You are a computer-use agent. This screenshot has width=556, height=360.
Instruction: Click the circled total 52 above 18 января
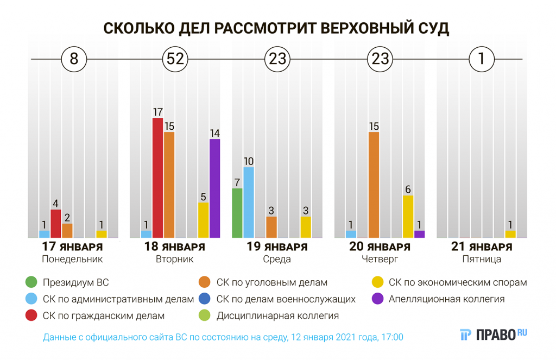coord(175,59)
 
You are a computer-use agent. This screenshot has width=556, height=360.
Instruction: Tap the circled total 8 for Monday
coord(74,59)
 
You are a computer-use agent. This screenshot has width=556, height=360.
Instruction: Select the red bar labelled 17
coord(158,178)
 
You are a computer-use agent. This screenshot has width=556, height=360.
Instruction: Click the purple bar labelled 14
coord(214,188)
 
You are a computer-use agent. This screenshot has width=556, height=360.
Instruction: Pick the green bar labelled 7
coord(237,213)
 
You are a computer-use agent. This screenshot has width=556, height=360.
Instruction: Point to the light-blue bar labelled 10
coord(249,202)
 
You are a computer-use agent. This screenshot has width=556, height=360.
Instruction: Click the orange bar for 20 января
coord(374,185)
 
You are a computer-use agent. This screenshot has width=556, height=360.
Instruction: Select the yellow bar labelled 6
coord(408,216)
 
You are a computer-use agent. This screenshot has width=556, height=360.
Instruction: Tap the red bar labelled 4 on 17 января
coord(56,224)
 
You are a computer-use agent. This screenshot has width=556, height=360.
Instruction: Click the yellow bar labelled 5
coord(203,220)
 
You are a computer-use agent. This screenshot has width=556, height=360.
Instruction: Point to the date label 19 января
coord(277,247)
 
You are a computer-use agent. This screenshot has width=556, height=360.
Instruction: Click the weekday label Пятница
coord(482,259)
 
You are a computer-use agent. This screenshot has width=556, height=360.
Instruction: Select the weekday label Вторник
coord(175,259)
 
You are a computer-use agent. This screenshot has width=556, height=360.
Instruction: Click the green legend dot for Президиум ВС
coord(31,282)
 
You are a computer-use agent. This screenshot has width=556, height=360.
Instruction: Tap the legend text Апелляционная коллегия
coord(446,299)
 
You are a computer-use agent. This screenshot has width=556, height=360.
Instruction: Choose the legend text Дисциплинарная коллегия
coord(277,315)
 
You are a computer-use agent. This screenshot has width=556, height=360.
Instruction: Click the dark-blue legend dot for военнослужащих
coord(205,299)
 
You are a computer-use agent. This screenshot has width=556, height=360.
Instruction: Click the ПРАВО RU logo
coord(493,334)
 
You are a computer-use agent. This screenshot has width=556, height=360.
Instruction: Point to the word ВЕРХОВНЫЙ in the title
coord(367,28)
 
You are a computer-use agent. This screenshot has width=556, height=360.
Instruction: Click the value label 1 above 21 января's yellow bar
coord(510,224)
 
